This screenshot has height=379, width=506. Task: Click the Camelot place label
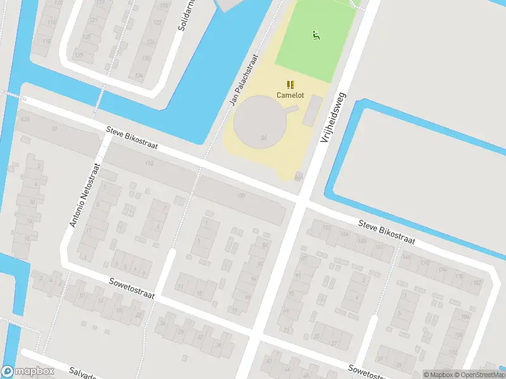[x=290, y=95]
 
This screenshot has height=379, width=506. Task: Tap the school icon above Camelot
[x=290, y=84]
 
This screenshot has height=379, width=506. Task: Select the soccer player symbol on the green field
[x=316, y=35]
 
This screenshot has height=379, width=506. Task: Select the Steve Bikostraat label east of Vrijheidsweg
[x=386, y=232]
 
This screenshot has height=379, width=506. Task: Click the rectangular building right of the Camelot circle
[x=312, y=111]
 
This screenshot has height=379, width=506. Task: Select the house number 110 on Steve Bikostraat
[x=149, y=164]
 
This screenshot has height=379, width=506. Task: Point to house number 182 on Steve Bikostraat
[x=476, y=282]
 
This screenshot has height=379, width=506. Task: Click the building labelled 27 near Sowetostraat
[x=333, y=335]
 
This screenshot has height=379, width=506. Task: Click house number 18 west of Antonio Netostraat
[x=27, y=239]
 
